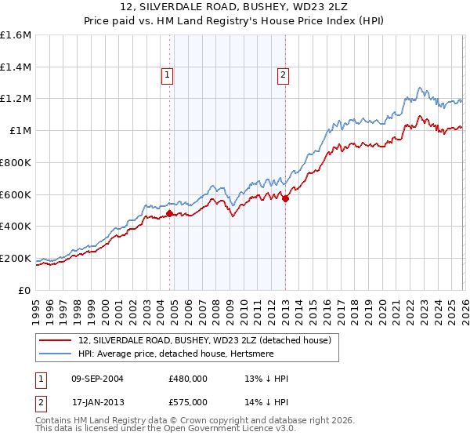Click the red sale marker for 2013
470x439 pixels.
285,198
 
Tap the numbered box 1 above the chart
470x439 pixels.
168,76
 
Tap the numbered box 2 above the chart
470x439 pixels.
282,76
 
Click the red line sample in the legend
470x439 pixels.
56,340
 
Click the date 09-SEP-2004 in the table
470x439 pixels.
96,379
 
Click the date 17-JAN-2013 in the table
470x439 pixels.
96,401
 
